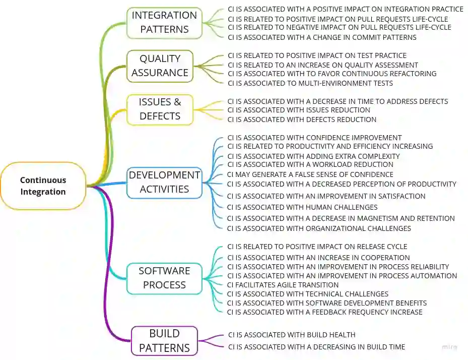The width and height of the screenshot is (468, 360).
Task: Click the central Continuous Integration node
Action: [x=43, y=186]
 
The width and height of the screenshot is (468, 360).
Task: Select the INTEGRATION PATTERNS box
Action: [x=164, y=23]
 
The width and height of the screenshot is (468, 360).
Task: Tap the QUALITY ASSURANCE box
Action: [x=160, y=66]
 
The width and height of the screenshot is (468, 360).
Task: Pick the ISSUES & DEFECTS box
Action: [x=160, y=109]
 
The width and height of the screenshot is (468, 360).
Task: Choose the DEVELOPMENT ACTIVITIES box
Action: [x=164, y=182]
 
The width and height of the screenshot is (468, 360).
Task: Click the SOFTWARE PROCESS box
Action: [x=164, y=278]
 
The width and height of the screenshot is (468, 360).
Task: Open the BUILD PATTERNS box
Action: [x=164, y=341]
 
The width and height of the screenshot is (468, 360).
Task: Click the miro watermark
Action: [x=449, y=347]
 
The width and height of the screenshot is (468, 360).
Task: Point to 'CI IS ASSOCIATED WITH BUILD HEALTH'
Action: [x=292, y=335]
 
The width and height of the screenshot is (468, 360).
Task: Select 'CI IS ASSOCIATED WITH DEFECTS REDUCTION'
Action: [x=302, y=119]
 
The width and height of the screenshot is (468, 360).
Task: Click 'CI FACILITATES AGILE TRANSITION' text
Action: [x=283, y=285]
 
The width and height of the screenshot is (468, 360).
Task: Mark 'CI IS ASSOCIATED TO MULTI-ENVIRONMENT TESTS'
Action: [x=310, y=83]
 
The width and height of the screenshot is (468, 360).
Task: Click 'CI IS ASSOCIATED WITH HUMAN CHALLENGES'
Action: [x=302, y=207]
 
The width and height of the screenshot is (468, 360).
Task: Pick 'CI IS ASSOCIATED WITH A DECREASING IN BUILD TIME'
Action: [x=316, y=347]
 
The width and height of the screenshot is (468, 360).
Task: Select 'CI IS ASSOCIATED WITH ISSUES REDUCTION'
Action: [x=299, y=110]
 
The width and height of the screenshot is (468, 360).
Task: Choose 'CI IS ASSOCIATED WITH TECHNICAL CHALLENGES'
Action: [x=308, y=294]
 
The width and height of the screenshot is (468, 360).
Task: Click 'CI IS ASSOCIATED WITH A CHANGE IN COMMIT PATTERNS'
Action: [x=322, y=37]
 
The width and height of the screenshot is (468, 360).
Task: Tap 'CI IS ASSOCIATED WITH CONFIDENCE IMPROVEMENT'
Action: [x=314, y=138]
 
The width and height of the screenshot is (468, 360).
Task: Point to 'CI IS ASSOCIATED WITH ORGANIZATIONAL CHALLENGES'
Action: [x=319, y=228]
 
